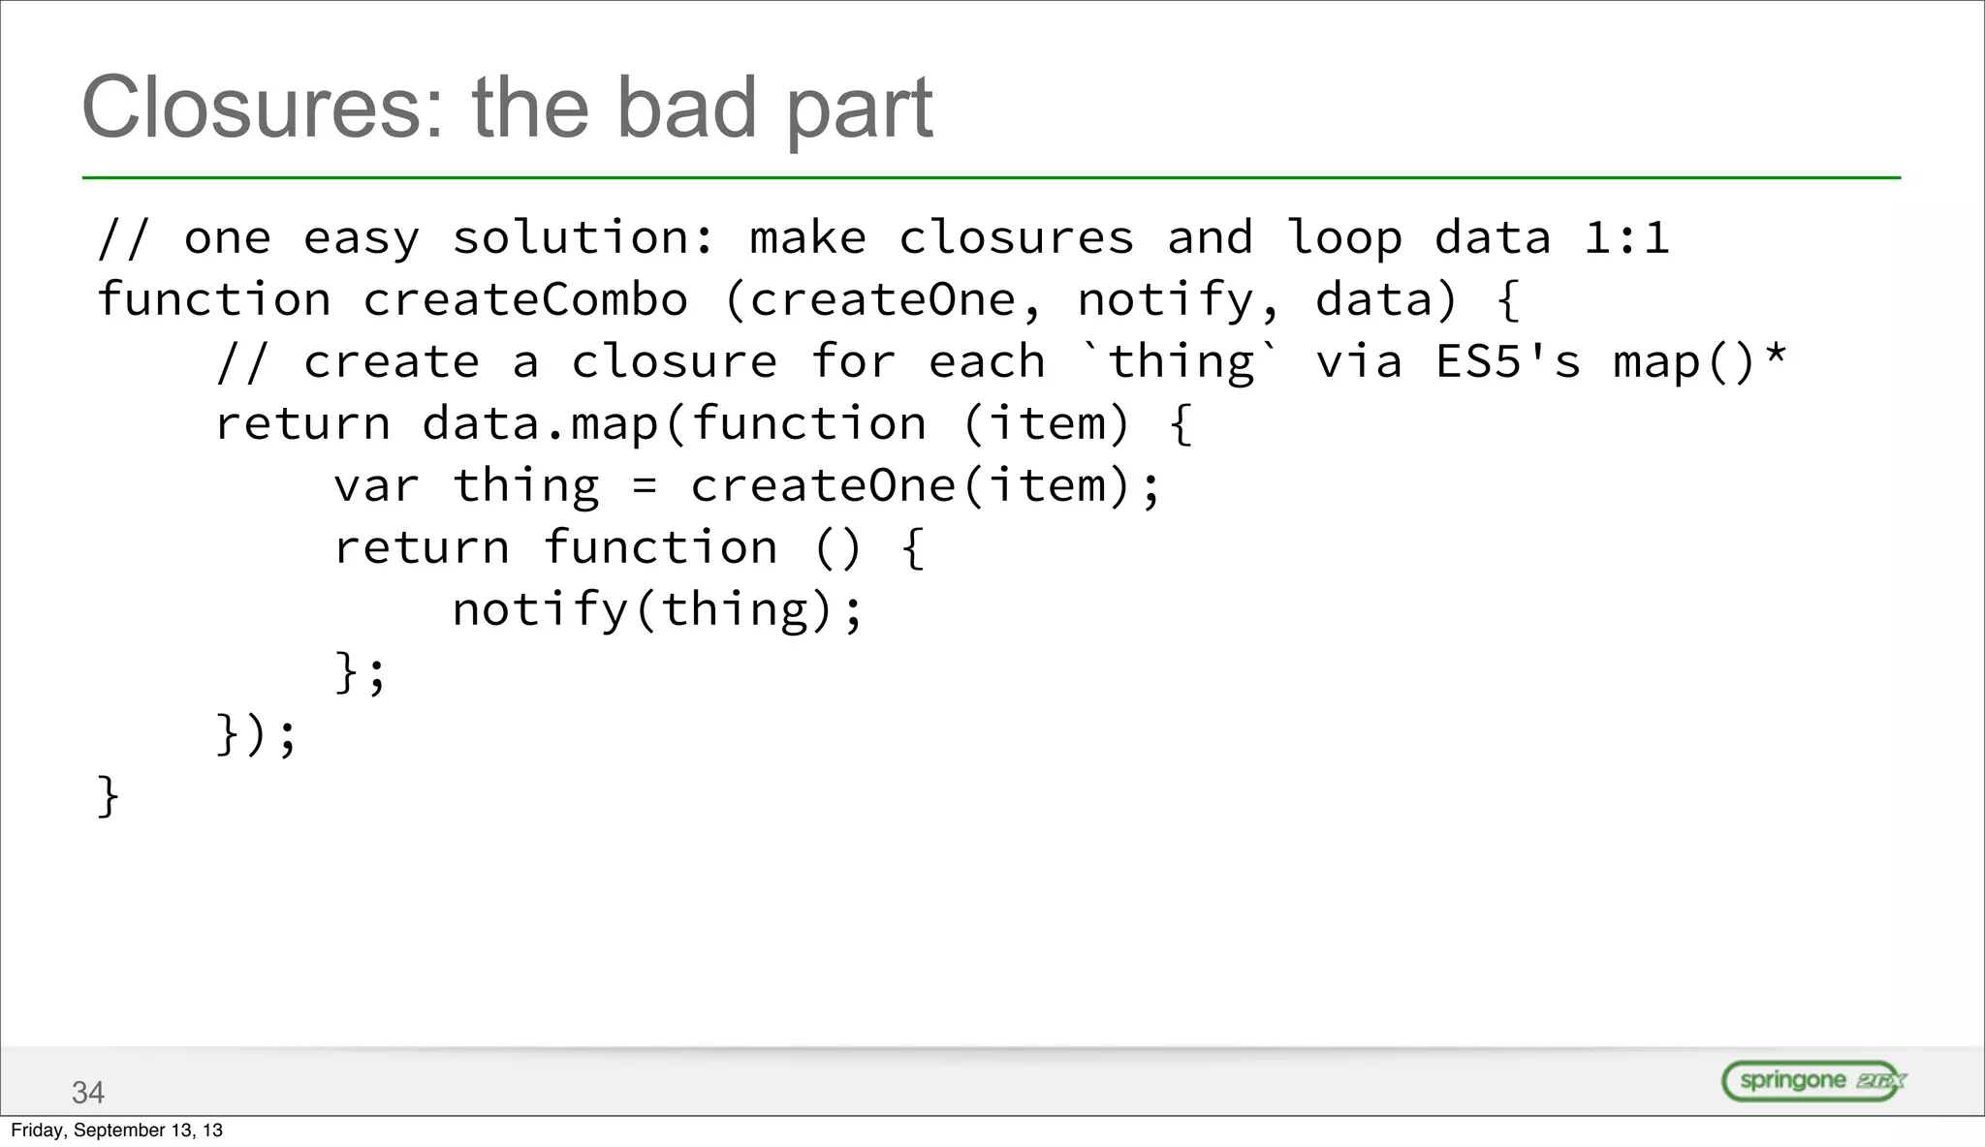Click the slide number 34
coord(87,1093)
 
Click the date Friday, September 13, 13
coord(116,1131)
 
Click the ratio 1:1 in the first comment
coord(1626,238)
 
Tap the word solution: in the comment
coord(583,238)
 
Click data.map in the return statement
coord(541,424)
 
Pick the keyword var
coord(376,486)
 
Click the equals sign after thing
coord(645,486)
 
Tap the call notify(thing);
coord(657,610)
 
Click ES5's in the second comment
coord(1507,362)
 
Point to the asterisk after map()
coord(1776,355)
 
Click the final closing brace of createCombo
coord(108,796)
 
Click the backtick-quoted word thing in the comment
coord(1181,362)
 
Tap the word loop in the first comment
coord(1344,238)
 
